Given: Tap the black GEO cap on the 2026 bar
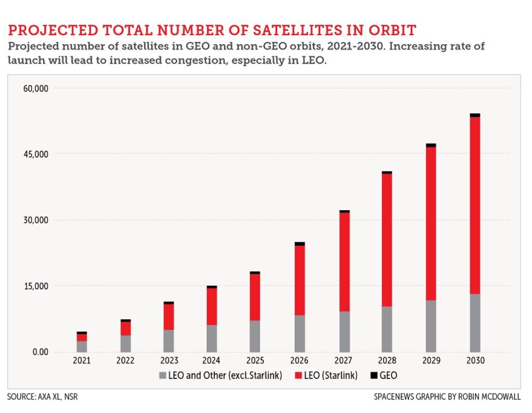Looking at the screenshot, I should tap(300, 243).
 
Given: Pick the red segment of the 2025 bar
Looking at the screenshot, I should tap(255, 297).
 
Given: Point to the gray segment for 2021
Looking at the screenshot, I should tap(82, 346).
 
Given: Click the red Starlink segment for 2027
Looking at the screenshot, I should tap(344, 262).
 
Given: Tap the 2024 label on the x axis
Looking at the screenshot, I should tap(212, 361).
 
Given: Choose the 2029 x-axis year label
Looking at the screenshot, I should tap(431, 361).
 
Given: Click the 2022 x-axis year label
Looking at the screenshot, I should tap(125, 361).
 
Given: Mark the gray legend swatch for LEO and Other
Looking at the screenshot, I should tap(162, 375).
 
